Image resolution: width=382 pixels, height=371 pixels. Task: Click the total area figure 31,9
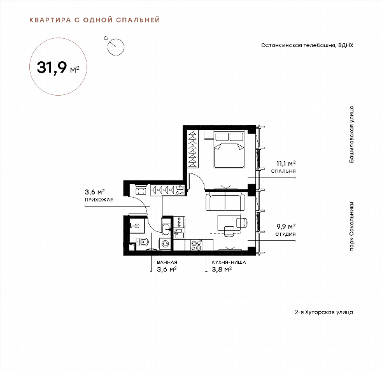click(x=52, y=67)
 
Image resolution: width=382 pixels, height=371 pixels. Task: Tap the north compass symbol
click(x=115, y=46)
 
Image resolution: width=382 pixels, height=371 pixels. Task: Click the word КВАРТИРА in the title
click(x=50, y=20)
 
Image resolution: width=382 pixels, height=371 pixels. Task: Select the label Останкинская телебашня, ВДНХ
click(x=307, y=45)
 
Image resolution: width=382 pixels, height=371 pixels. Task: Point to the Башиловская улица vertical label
click(x=351, y=135)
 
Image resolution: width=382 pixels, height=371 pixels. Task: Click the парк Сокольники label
click(x=351, y=226)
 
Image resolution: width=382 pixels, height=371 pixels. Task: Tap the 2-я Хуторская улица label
click(x=324, y=312)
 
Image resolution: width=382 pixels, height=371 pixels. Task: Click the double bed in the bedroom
click(x=229, y=150)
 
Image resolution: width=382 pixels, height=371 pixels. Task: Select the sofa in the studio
click(x=225, y=201)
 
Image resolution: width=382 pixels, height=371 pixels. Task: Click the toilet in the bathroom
click(x=143, y=242)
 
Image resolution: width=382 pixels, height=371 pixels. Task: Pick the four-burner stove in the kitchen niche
click(x=196, y=245)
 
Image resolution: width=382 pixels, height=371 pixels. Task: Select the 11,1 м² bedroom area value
click(x=286, y=163)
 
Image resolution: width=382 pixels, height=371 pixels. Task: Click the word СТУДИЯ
click(x=285, y=234)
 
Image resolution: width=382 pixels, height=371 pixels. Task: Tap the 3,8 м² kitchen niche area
click(x=222, y=269)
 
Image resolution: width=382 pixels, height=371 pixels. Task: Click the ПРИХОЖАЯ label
click(x=99, y=200)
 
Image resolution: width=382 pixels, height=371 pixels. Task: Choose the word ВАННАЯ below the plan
click(x=167, y=263)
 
